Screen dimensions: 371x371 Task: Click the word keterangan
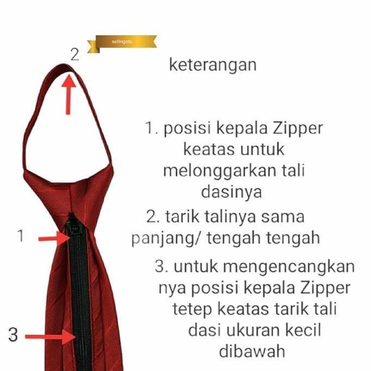click(212, 65)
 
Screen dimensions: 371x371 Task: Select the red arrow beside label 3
click(52, 337)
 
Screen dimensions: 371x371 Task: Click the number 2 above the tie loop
click(75, 53)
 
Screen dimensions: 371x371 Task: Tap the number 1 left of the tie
click(21, 237)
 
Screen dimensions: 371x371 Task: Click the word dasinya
click(232, 191)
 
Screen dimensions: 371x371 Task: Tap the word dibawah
click(252, 351)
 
